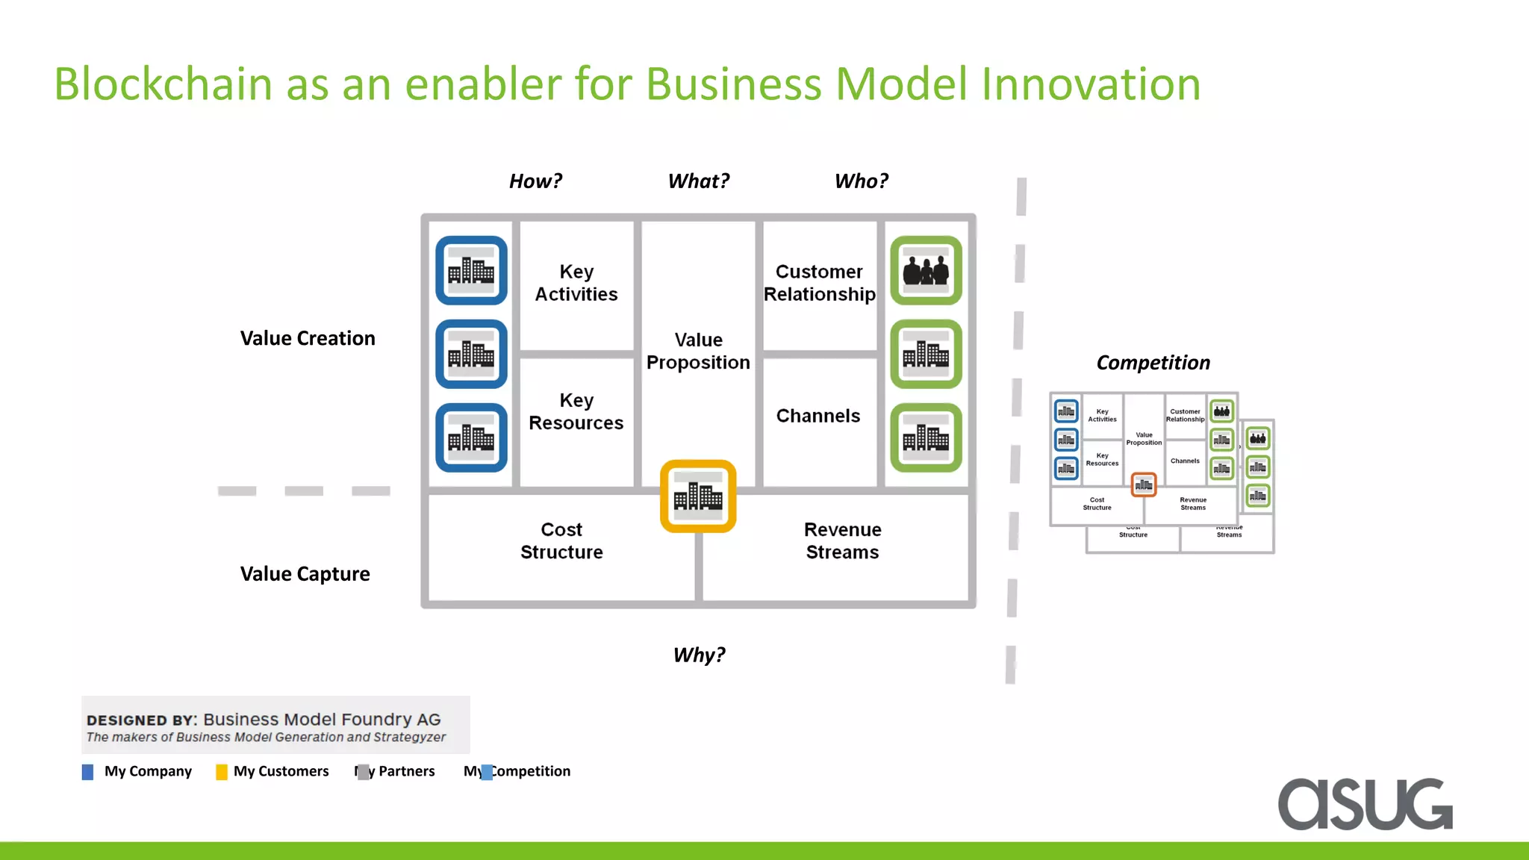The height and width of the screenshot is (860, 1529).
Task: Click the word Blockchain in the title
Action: click(163, 84)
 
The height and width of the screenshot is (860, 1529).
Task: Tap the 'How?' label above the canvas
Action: click(535, 181)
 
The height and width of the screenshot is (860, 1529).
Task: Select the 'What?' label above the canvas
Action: click(698, 181)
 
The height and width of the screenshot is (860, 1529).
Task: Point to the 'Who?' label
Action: click(861, 181)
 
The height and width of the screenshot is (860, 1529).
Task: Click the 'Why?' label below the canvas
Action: click(699, 655)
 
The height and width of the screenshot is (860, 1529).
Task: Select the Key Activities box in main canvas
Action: click(576, 283)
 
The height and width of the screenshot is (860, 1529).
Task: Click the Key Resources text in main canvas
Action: click(576, 411)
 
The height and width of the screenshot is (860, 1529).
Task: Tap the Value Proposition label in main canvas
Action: click(698, 351)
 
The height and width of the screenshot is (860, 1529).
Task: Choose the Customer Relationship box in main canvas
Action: click(819, 283)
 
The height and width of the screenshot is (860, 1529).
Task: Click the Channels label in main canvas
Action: click(818, 416)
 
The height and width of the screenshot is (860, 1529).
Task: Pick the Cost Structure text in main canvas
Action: click(561, 540)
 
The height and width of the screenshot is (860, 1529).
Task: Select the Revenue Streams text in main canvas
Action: click(842, 540)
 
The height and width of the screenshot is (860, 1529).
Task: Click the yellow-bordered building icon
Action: click(698, 496)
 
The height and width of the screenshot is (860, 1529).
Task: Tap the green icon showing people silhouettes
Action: click(926, 270)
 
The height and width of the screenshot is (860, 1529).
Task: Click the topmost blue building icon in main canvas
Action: click(471, 270)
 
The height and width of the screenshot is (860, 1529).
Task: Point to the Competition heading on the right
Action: click(1153, 363)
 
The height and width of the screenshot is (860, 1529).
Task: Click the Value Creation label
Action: click(308, 338)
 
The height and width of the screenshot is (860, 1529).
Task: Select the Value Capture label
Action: click(305, 574)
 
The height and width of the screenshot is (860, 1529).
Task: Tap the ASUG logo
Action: click(1365, 804)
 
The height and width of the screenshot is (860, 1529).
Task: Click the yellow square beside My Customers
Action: click(222, 772)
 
